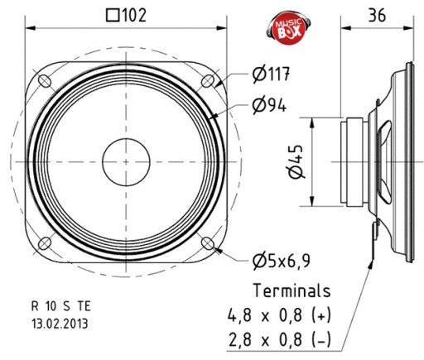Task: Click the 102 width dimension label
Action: pos(126,15)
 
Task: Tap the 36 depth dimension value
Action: pos(377,15)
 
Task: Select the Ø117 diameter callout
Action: pos(271,74)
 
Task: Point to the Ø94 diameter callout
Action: pos(269,105)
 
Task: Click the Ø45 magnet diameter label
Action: pos(296,161)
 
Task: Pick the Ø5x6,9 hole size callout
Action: pos(282,261)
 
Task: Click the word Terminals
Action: pos(291,290)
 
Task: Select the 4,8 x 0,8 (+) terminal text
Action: pos(279,315)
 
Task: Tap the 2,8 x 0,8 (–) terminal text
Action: pos(279,339)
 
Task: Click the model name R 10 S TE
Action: pos(61,306)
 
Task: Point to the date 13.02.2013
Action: pos(60,324)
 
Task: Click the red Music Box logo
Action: pos(288,27)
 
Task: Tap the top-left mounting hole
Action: pos(45,81)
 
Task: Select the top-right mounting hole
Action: pos(208,81)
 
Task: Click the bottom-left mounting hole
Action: pos(45,243)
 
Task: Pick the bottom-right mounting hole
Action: pos(207,243)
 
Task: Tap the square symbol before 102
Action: pos(113,16)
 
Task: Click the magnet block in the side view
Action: pos(354,162)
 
